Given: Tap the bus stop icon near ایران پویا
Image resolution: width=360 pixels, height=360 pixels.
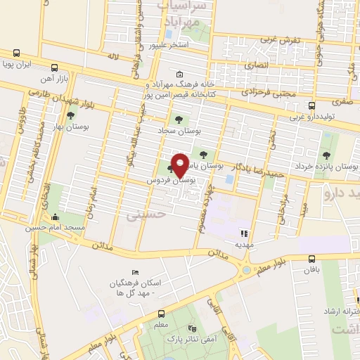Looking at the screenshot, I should (16, 53).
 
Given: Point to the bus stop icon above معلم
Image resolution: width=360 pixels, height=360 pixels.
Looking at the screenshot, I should (162, 314).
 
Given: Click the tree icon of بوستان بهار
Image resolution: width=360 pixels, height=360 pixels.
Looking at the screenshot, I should (70, 115).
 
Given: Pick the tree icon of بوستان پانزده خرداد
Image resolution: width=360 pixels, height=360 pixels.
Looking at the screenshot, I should (325, 155).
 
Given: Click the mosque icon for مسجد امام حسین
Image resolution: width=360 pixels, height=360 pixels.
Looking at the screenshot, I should (55, 217).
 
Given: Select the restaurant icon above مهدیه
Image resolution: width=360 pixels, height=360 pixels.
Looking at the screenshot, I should (245, 233).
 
